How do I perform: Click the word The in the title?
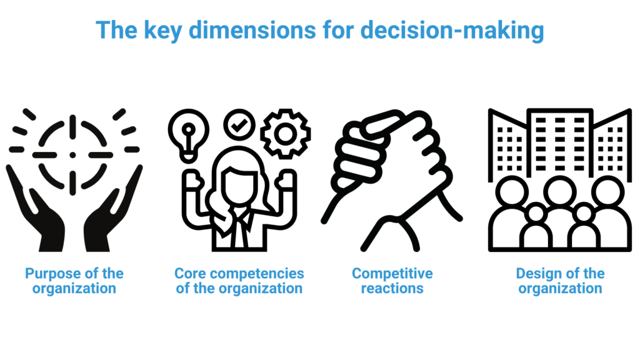pyautogui.click(x=116, y=30)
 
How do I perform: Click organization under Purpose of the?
pyautogui.click(x=74, y=289)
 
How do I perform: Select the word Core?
pyautogui.click(x=190, y=274)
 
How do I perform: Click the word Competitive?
pyautogui.click(x=392, y=274)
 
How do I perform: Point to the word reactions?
pyautogui.click(x=392, y=289)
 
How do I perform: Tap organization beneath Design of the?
pyautogui.click(x=561, y=289)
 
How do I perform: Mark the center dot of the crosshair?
pyautogui.click(x=72, y=154)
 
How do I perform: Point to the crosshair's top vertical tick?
pyautogui.click(x=72, y=125)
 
